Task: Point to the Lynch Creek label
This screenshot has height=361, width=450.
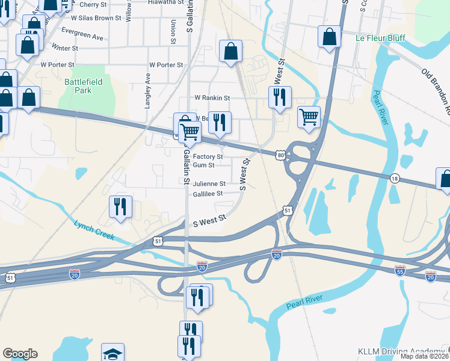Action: [x=94, y=230]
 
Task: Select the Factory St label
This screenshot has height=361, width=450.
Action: [x=208, y=156]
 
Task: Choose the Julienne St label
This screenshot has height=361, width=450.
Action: [x=209, y=184]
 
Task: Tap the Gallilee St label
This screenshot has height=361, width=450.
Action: [x=208, y=194]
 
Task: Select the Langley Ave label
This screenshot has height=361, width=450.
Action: [x=147, y=91]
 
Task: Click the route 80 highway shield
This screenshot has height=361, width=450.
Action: [x=281, y=155]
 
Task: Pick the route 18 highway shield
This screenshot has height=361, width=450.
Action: [x=395, y=178]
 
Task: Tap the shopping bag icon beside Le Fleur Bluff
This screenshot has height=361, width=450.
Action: [x=330, y=37]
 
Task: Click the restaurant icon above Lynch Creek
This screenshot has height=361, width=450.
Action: [x=120, y=207]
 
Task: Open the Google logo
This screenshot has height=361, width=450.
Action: [x=20, y=354]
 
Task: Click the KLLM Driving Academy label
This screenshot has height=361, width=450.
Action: [x=400, y=351]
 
